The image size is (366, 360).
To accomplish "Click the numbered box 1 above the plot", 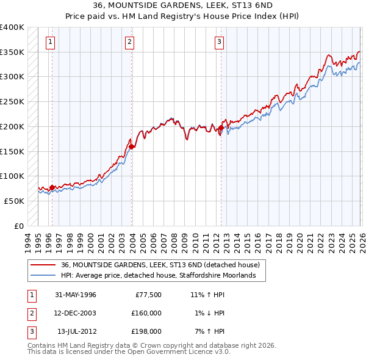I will (49, 42).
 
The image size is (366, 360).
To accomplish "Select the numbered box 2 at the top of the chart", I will (130, 42).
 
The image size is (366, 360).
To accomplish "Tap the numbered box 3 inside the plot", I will (219, 42).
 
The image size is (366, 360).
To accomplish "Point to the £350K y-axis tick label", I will (12, 52).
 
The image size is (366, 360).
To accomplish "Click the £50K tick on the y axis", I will (14, 201).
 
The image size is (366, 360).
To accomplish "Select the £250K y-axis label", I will (12, 102).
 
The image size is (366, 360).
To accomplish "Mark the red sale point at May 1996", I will (52, 187).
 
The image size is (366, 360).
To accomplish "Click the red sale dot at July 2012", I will (220, 128).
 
